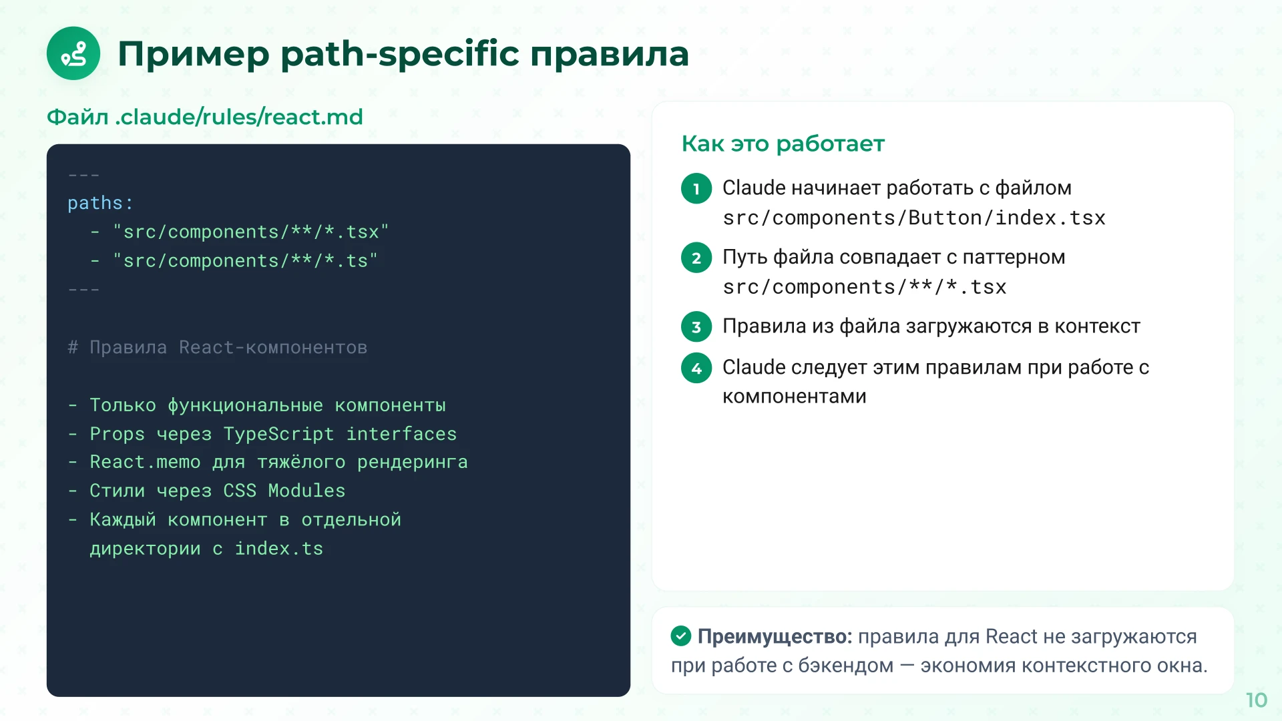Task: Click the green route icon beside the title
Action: pyautogui.click(x=73, y=53)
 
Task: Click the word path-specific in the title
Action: pyautogui.click(x=399, y=53)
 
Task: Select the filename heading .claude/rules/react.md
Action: pyautogui.click(x=239, y=117)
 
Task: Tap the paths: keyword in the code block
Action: pyautogui.click(x=100, y=203)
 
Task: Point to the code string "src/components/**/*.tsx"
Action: pyautogui.click(x=250, y=232)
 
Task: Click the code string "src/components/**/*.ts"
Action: pyautogui.click(x=245, y=260)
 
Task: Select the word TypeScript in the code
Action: pyautogui.click(x=278, y=434)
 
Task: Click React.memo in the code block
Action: pyautogui.click(x=145, y=462)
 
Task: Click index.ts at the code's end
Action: pyautogui.click(x=278, y=549)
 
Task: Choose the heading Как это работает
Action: pyautogui.click(x=783, y=144)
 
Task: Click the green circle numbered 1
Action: pyautogui.click(x=696, y=188)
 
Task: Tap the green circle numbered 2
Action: pyautogui.click(x=696, y=258)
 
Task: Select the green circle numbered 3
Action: pyautogui.click(x=696, y=326)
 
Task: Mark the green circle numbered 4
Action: pyautogui.click(x=696, y=368)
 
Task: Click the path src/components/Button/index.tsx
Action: pyautogui.click(x=913, y=218)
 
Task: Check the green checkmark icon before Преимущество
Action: pyautogui.click(x=680, y=636)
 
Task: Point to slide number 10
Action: pyautogui.click(x=1256, y=700)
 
